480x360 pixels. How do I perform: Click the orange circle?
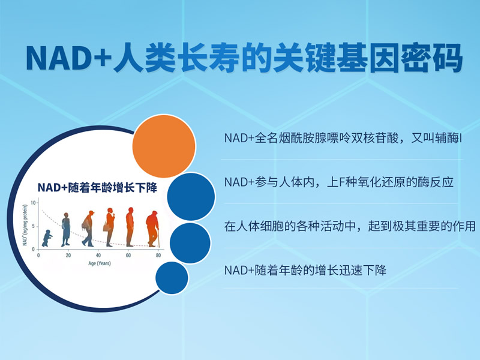click(164, 146)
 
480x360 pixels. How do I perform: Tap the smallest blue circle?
click(172, 278)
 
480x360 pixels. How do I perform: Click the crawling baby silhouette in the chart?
click(47, 238)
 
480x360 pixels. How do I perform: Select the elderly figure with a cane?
click(153, 229)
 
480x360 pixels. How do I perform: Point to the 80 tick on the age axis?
click(158, 256)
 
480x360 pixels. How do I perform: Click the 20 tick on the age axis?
click(68, 256)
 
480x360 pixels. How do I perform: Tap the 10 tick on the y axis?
click(33, 203)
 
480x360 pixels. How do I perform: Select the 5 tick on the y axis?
click(34, 226)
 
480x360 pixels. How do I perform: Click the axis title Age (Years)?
click(100, 263)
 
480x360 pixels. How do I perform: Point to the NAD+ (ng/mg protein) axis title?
click(25, 225)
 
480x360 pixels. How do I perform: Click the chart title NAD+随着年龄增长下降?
click(97, 188)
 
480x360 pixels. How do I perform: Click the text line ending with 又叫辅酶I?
click(343, 138)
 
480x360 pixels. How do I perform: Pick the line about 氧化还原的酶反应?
click(339, 182)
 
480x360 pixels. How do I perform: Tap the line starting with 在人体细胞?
click(350, 226)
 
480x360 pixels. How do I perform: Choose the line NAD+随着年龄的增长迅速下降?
click(305, 271)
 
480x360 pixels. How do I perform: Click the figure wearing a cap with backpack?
click(88, 229)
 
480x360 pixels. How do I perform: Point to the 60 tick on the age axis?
click(128, 256)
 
